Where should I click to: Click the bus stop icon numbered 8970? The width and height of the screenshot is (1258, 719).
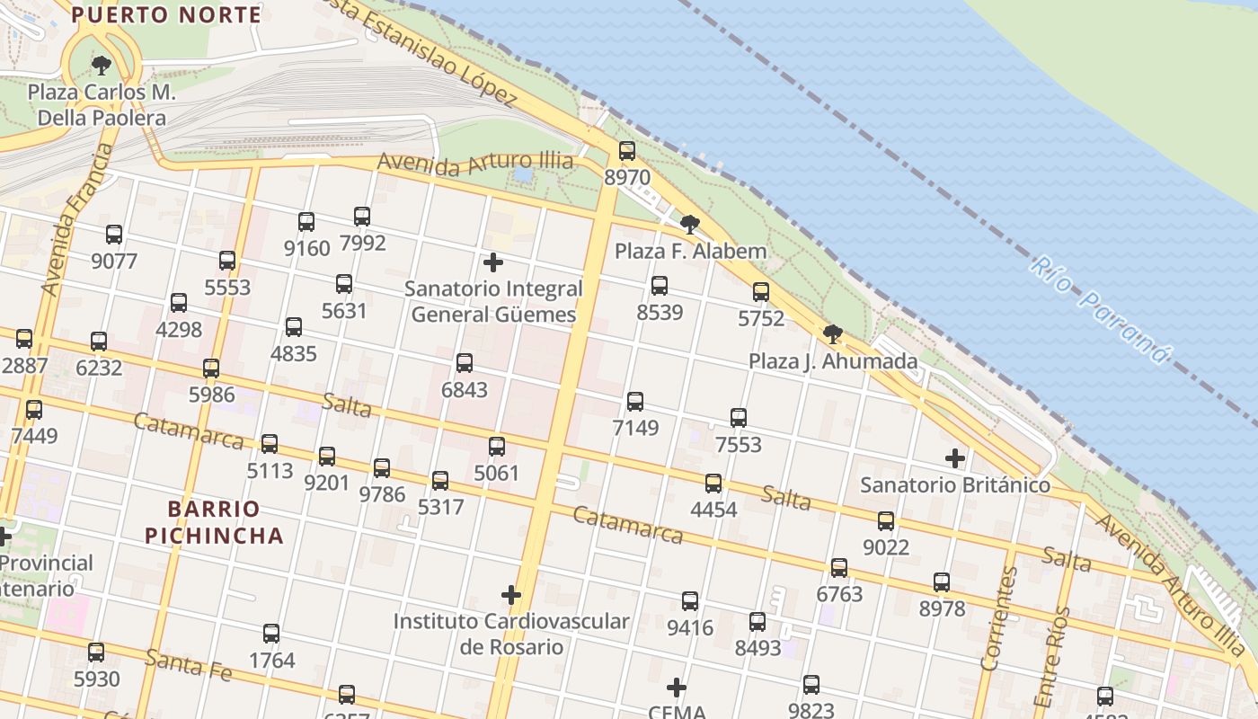coord(627,151)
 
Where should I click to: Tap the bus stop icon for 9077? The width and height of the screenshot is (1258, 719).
coord(114,235)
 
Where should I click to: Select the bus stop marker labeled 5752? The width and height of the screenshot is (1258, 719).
coord(761,292)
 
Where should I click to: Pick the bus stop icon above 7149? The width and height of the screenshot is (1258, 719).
coord(635,402)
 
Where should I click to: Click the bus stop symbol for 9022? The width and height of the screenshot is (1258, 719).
coord(886,521)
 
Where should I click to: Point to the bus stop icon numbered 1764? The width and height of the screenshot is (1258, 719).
coord(271,634)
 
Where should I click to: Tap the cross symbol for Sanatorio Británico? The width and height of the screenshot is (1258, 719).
coord(955,458)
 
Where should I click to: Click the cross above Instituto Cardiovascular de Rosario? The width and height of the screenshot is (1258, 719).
coord(511,595)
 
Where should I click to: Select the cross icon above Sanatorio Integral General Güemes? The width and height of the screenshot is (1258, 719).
coord(493,262)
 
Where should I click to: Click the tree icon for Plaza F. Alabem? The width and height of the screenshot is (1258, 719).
coord(690,225)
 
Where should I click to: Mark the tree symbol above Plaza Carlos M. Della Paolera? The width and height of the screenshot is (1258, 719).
coord(102,65)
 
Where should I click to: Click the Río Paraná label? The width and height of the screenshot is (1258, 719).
coord(1100,310)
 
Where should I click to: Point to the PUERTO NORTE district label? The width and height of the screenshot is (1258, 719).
coord(166,14)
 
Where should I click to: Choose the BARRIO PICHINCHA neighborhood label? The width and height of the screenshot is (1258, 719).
coord(214,522)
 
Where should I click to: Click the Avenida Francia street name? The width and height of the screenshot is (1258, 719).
coord(75,220)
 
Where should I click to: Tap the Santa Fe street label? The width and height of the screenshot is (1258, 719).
coord(189,665)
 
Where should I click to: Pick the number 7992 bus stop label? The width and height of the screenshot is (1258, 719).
coord(363,243)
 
